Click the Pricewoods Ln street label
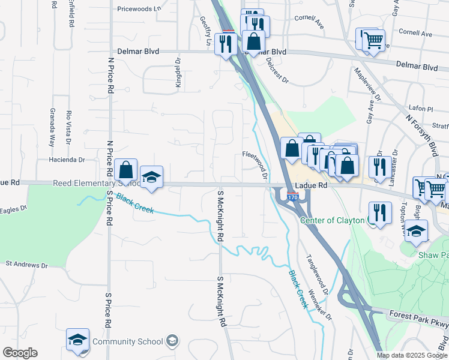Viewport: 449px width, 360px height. pyautogui.click(x=139, y=9)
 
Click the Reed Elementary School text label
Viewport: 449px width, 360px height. pyautogui.click(x=88, y=183)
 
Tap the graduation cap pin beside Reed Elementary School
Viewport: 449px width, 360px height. pyautogui.click(x=152, y=177)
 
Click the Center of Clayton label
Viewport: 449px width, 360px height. pyautogui.click(x=332, y=220)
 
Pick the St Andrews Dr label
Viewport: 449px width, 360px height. pyautogui.click(x=26, y=264)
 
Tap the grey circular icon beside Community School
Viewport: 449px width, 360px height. pyautogui.click(x=173, y=341)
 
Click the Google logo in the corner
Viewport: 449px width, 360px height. pyautogui.click(x=20, y=353)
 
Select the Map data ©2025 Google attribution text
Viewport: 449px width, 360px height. pyautogui.click(x=412, y=355)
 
